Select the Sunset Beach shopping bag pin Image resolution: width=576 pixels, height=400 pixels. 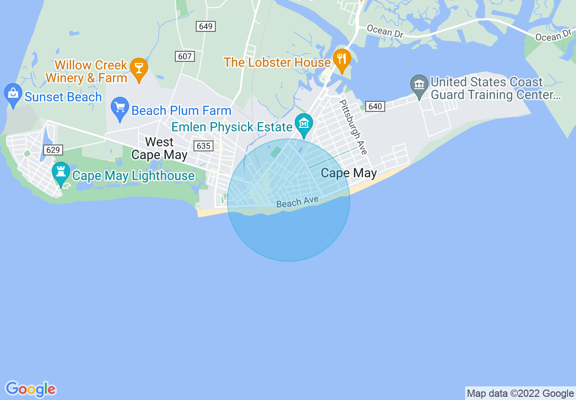point(13,93)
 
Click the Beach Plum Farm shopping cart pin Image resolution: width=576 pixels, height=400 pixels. point(120,107)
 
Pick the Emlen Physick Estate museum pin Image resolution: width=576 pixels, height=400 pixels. point(303,123)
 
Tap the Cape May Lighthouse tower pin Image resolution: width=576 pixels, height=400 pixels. point(60,172)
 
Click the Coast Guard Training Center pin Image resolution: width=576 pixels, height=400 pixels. point(419,85)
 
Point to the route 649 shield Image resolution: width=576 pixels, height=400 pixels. point(206,26)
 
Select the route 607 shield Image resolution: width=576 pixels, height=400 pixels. point(185,56)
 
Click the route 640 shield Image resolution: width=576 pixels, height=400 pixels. point(375,106)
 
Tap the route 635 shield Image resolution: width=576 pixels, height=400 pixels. point(203,146)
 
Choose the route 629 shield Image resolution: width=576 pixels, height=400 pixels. point(53,150)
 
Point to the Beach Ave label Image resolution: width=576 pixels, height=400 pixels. point(298,202)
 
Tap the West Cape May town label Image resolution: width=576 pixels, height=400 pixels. point(159,148)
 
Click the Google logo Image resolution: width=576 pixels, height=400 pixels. point(31,389)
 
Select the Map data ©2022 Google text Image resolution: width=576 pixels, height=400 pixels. point(521,394)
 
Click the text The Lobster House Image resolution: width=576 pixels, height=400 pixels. point(277,62)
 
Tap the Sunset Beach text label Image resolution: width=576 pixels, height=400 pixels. point(63,97)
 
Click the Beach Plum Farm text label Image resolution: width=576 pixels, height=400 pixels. point(181,110)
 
